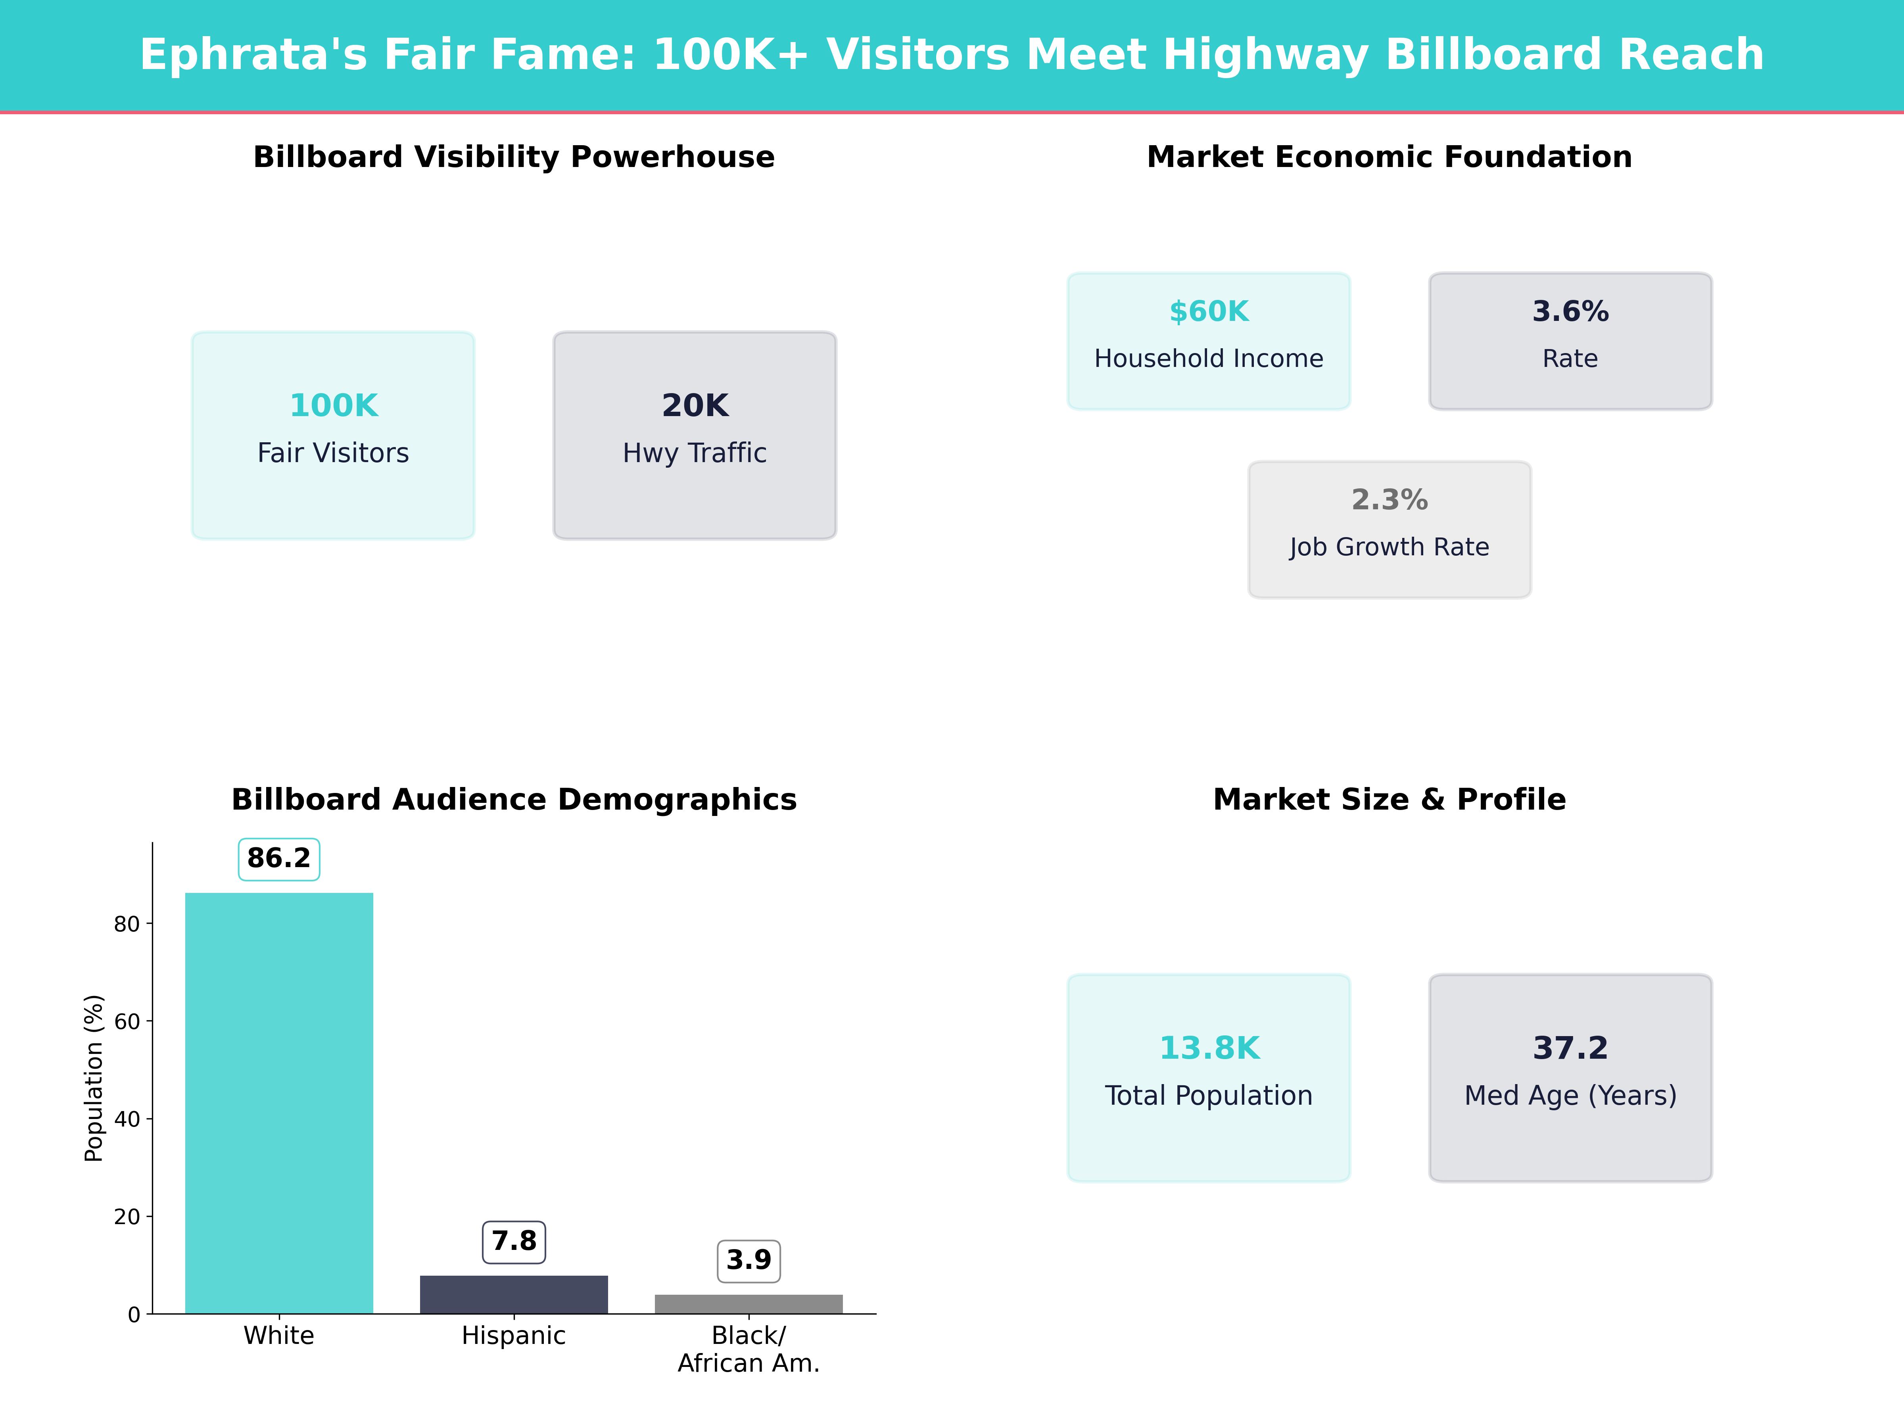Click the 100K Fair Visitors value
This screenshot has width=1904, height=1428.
tap(333, 405)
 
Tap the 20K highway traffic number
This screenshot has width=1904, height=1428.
tap(695, 405)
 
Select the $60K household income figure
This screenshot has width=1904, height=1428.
tap(1209, 312)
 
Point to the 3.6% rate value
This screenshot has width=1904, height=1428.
tap(1570, 312)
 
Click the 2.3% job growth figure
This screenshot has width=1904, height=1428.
tap(1389, 500)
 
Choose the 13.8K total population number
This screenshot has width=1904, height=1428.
tap(1209, 1048)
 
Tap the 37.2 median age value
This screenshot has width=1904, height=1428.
tap(1570, 1048)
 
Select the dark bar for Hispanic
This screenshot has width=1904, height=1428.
tap(514, 1295)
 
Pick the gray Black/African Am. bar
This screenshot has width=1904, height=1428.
tap(749, 1304)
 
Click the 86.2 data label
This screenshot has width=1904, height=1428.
tap(279, 858)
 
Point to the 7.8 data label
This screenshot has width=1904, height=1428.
tap(514, 1241)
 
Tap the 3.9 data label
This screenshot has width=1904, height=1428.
tap(749, 1260)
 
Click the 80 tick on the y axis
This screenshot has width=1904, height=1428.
tap(127, 923)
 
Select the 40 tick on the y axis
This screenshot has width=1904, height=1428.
tap(127, 1119)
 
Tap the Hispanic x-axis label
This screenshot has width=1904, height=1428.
tap(514, 1336)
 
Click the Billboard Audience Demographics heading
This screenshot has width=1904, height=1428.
tap(514, 800)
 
